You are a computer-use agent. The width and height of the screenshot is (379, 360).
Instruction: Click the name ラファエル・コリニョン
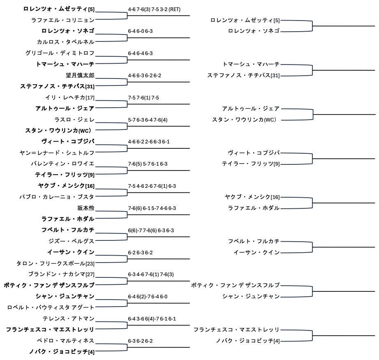click(x=62, y=20)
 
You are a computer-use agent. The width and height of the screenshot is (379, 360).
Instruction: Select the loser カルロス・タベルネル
click(x=65, y=42)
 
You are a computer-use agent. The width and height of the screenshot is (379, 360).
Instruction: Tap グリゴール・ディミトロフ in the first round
click(x=60, y=53)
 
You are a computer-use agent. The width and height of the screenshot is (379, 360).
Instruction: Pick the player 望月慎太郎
click(x=80, y=75)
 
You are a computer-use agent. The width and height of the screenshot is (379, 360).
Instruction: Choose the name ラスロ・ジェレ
click(x=74, y=120)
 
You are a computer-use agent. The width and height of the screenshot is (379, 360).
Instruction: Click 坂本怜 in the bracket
click(x=86, y=208)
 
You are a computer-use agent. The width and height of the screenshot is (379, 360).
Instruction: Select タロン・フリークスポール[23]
click(x=55, y=263)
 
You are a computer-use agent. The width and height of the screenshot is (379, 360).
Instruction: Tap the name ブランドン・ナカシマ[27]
click(x=61, y=274)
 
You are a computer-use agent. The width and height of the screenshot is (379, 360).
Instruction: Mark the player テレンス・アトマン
click(x=68, y=318)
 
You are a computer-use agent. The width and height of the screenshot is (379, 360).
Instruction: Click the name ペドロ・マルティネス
click(x=65, y=341)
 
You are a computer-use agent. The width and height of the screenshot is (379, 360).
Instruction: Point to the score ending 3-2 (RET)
click(x=154, y=9)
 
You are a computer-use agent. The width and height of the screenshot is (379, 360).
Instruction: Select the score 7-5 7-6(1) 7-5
click(x=143, y=97)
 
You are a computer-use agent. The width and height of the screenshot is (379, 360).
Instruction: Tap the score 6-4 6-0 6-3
click(x=140, y=31)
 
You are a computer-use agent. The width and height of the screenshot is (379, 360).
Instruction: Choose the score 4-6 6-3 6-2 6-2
click(x=144, y=75)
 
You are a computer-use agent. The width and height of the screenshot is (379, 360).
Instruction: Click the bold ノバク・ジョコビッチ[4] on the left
click(x=62, y=352)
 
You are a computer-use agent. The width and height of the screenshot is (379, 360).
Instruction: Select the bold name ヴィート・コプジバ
click(x=68, y=141)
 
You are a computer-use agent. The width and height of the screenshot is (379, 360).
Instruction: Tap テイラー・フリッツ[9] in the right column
click(x=251, y=164)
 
